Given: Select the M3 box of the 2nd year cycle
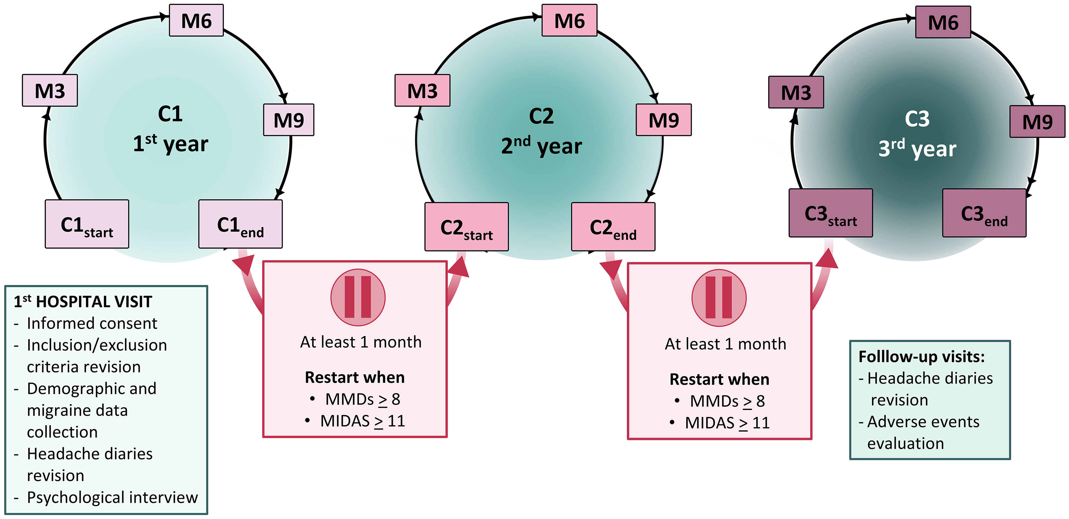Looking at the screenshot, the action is (423, 91).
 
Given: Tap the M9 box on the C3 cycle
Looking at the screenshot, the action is (1037, 122).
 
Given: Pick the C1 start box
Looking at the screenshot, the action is (87, 224).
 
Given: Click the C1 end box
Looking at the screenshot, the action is (241, 224).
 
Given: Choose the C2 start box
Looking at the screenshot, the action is (466, 227).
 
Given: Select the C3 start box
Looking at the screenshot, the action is (831, 213).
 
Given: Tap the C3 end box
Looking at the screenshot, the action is (984, 213).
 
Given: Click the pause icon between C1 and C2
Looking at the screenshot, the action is (358, 298).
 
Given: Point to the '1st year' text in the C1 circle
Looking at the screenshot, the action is (171, 144).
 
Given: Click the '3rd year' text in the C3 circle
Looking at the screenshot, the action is (918, 149).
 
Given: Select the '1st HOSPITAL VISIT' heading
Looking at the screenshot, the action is (83, 301).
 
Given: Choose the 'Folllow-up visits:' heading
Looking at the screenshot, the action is (922, 357).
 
